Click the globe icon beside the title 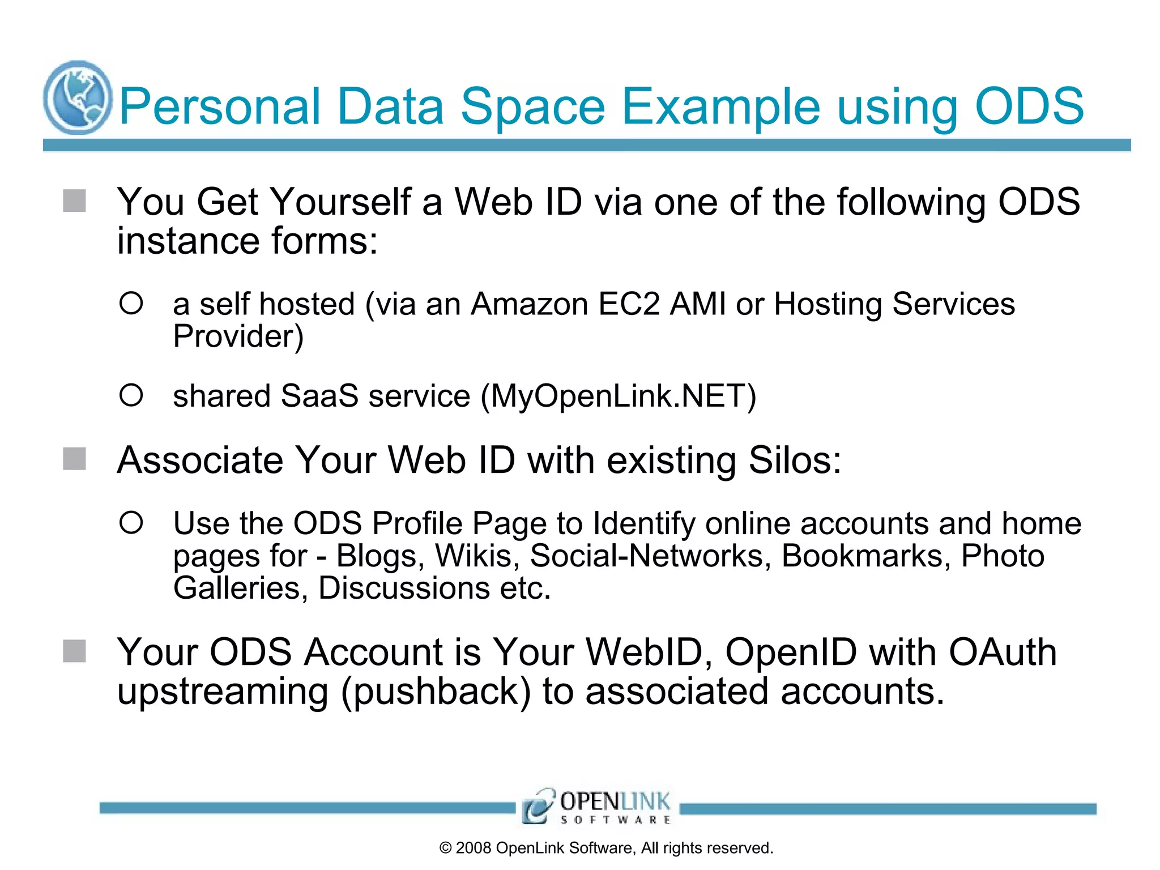(78, 97)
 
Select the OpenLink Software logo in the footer (597, 806)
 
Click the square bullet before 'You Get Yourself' (74, 201)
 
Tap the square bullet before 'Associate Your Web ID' (74, 459)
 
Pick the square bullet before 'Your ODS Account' (74, 651)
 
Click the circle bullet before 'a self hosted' (131, 304)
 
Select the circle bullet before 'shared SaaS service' (131, 395)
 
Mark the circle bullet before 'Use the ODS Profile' (131, 522)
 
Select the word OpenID (791, 652)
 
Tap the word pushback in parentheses (436, 692)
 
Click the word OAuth (1003, 652)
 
